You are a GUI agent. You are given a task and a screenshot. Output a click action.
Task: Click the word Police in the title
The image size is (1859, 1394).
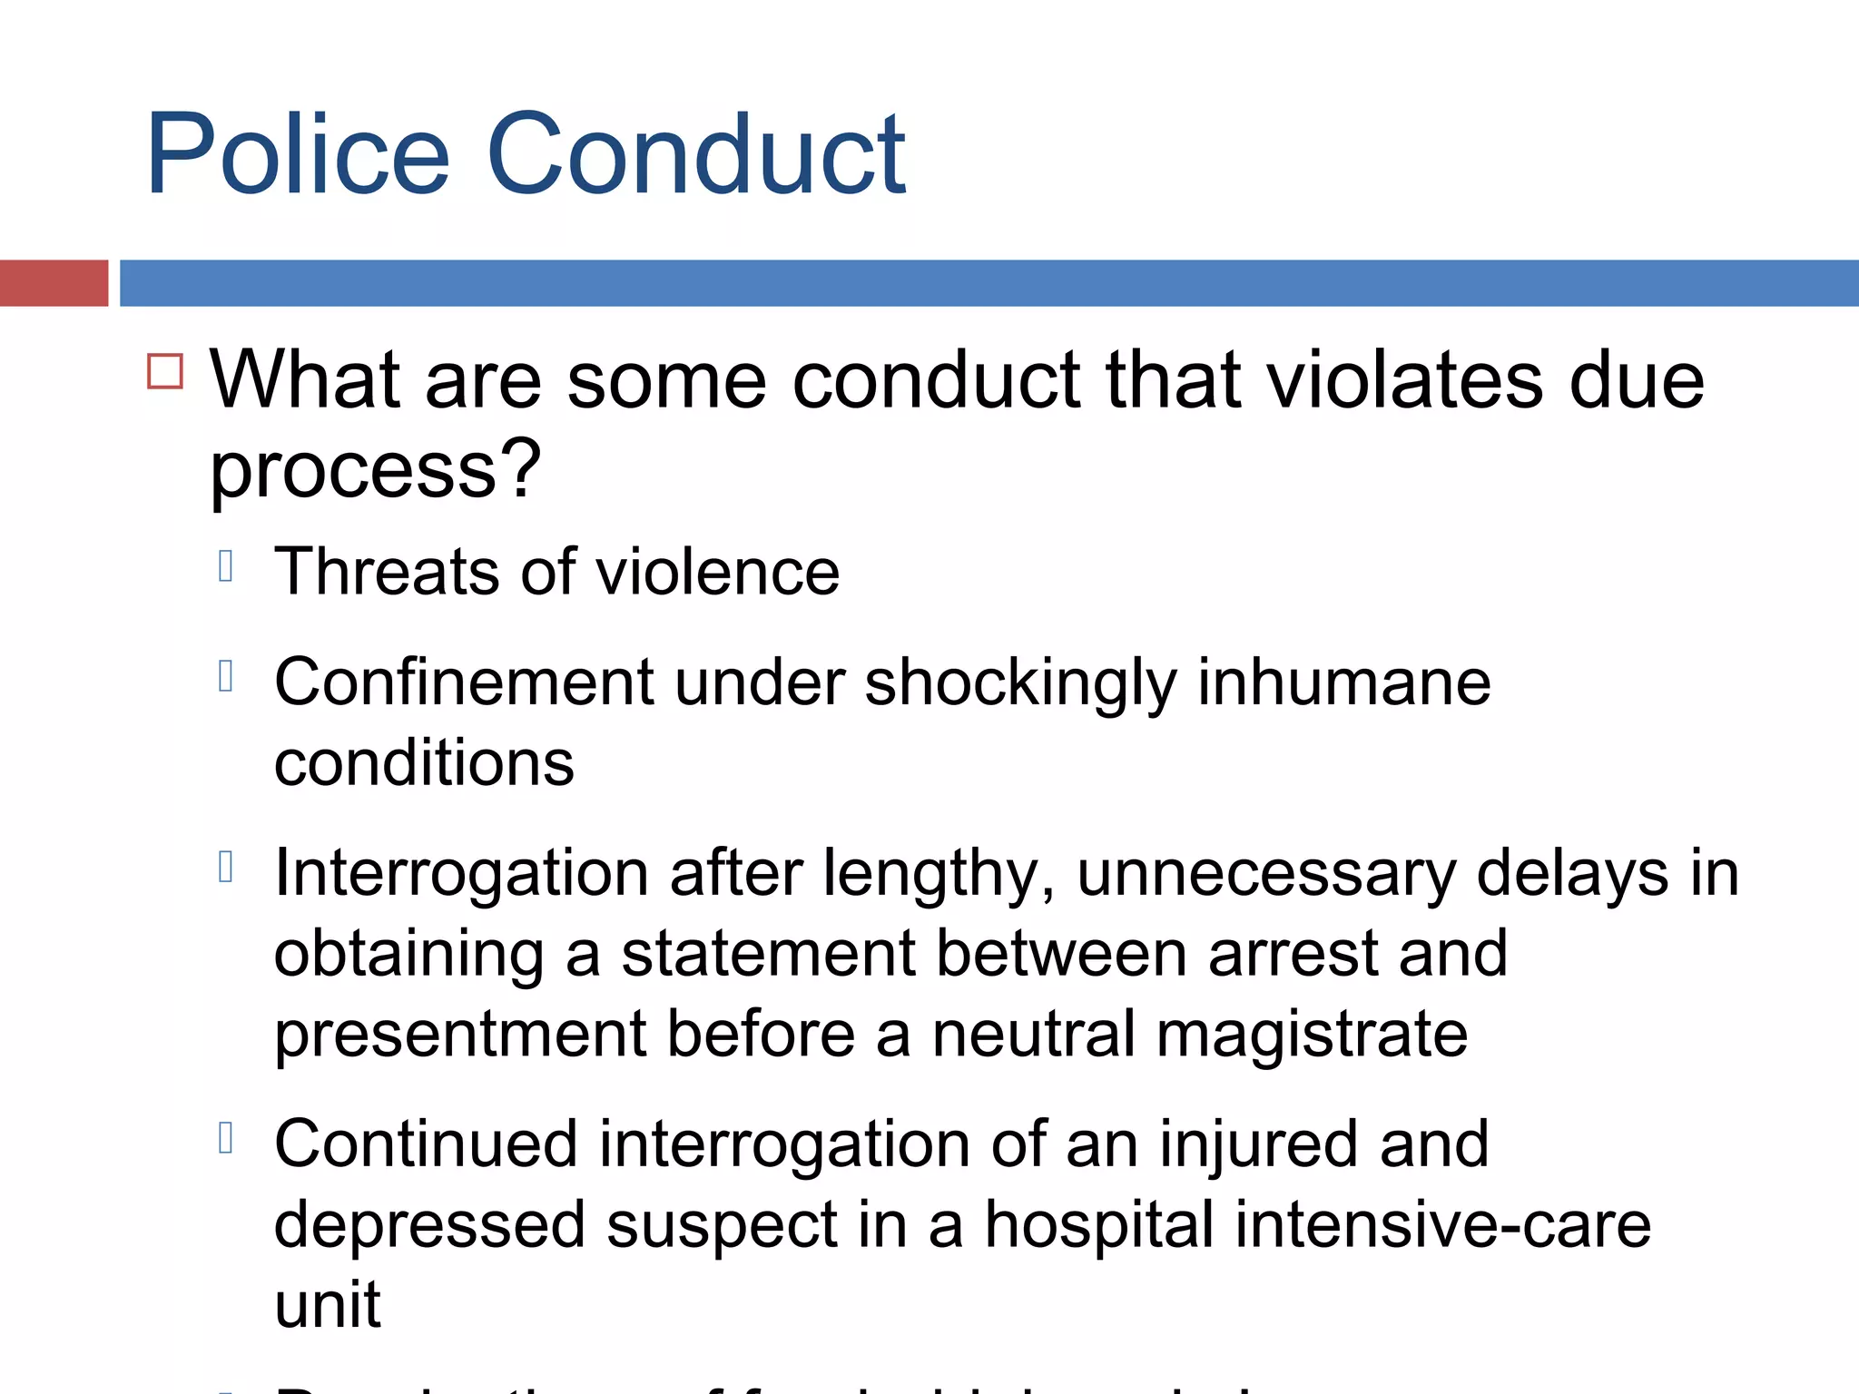click(x=298, y=154)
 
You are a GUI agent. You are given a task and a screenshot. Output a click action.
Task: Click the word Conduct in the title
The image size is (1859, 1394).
click(x=695, y=154)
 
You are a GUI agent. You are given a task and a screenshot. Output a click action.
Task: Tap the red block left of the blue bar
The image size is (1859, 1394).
click(x=54, y=283)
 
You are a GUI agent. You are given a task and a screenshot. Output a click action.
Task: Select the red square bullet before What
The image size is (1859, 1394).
click(x=165, y=371)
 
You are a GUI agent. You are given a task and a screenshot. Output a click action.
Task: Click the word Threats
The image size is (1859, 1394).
click(x=387, y=572)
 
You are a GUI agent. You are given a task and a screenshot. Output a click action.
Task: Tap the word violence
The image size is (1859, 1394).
click(x=717, y=572)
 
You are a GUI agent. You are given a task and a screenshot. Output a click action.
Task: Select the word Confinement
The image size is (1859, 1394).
click(x=464, y=682)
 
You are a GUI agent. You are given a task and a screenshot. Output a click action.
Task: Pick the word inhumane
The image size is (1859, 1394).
click(x=1343, y=682)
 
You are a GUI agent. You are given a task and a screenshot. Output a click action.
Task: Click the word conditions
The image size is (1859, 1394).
click(x=424, y=762)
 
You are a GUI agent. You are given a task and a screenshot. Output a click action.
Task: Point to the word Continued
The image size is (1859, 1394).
click(x=426, y=1144)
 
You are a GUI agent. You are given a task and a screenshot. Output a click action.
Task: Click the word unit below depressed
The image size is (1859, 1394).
click(x=328, y=1305)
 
